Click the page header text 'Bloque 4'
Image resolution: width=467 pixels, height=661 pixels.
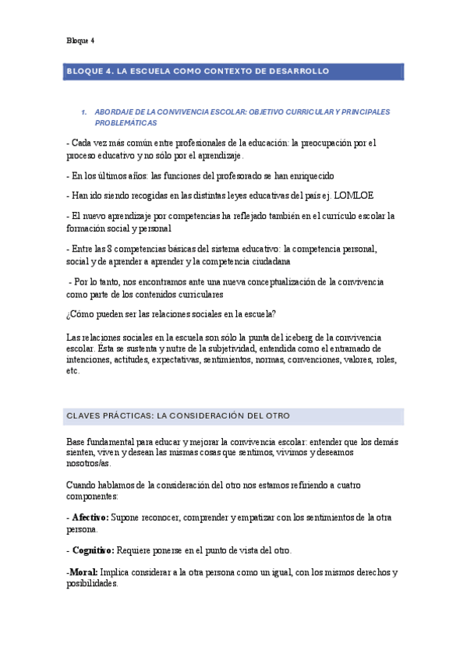(80, 41)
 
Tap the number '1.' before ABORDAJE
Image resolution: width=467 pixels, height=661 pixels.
(84, 112)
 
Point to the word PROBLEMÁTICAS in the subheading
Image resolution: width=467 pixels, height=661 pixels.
(126, 123)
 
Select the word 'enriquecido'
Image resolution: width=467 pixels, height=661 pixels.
(310, 175)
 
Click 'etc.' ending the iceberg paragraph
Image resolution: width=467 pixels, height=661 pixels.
(73, 371)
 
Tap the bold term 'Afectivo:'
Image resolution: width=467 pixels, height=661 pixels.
(90, 518)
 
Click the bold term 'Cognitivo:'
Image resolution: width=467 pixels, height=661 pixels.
(93, 550)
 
